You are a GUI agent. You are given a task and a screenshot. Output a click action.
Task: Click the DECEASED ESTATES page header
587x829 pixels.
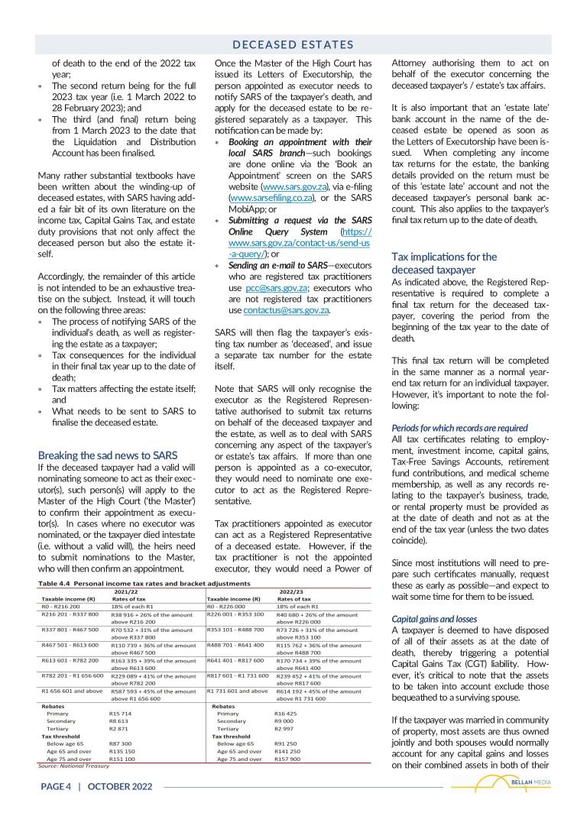[x=293, y=45]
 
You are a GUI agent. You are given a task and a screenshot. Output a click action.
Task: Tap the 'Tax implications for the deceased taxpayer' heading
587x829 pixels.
[x=444, y=263]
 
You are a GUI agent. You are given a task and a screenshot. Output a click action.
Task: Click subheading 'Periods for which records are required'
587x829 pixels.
[x=459, y=428]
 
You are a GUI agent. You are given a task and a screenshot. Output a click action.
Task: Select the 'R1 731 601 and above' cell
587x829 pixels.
[x=238, y=691]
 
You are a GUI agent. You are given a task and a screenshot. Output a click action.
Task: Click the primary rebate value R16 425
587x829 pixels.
[x=286, y=713]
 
